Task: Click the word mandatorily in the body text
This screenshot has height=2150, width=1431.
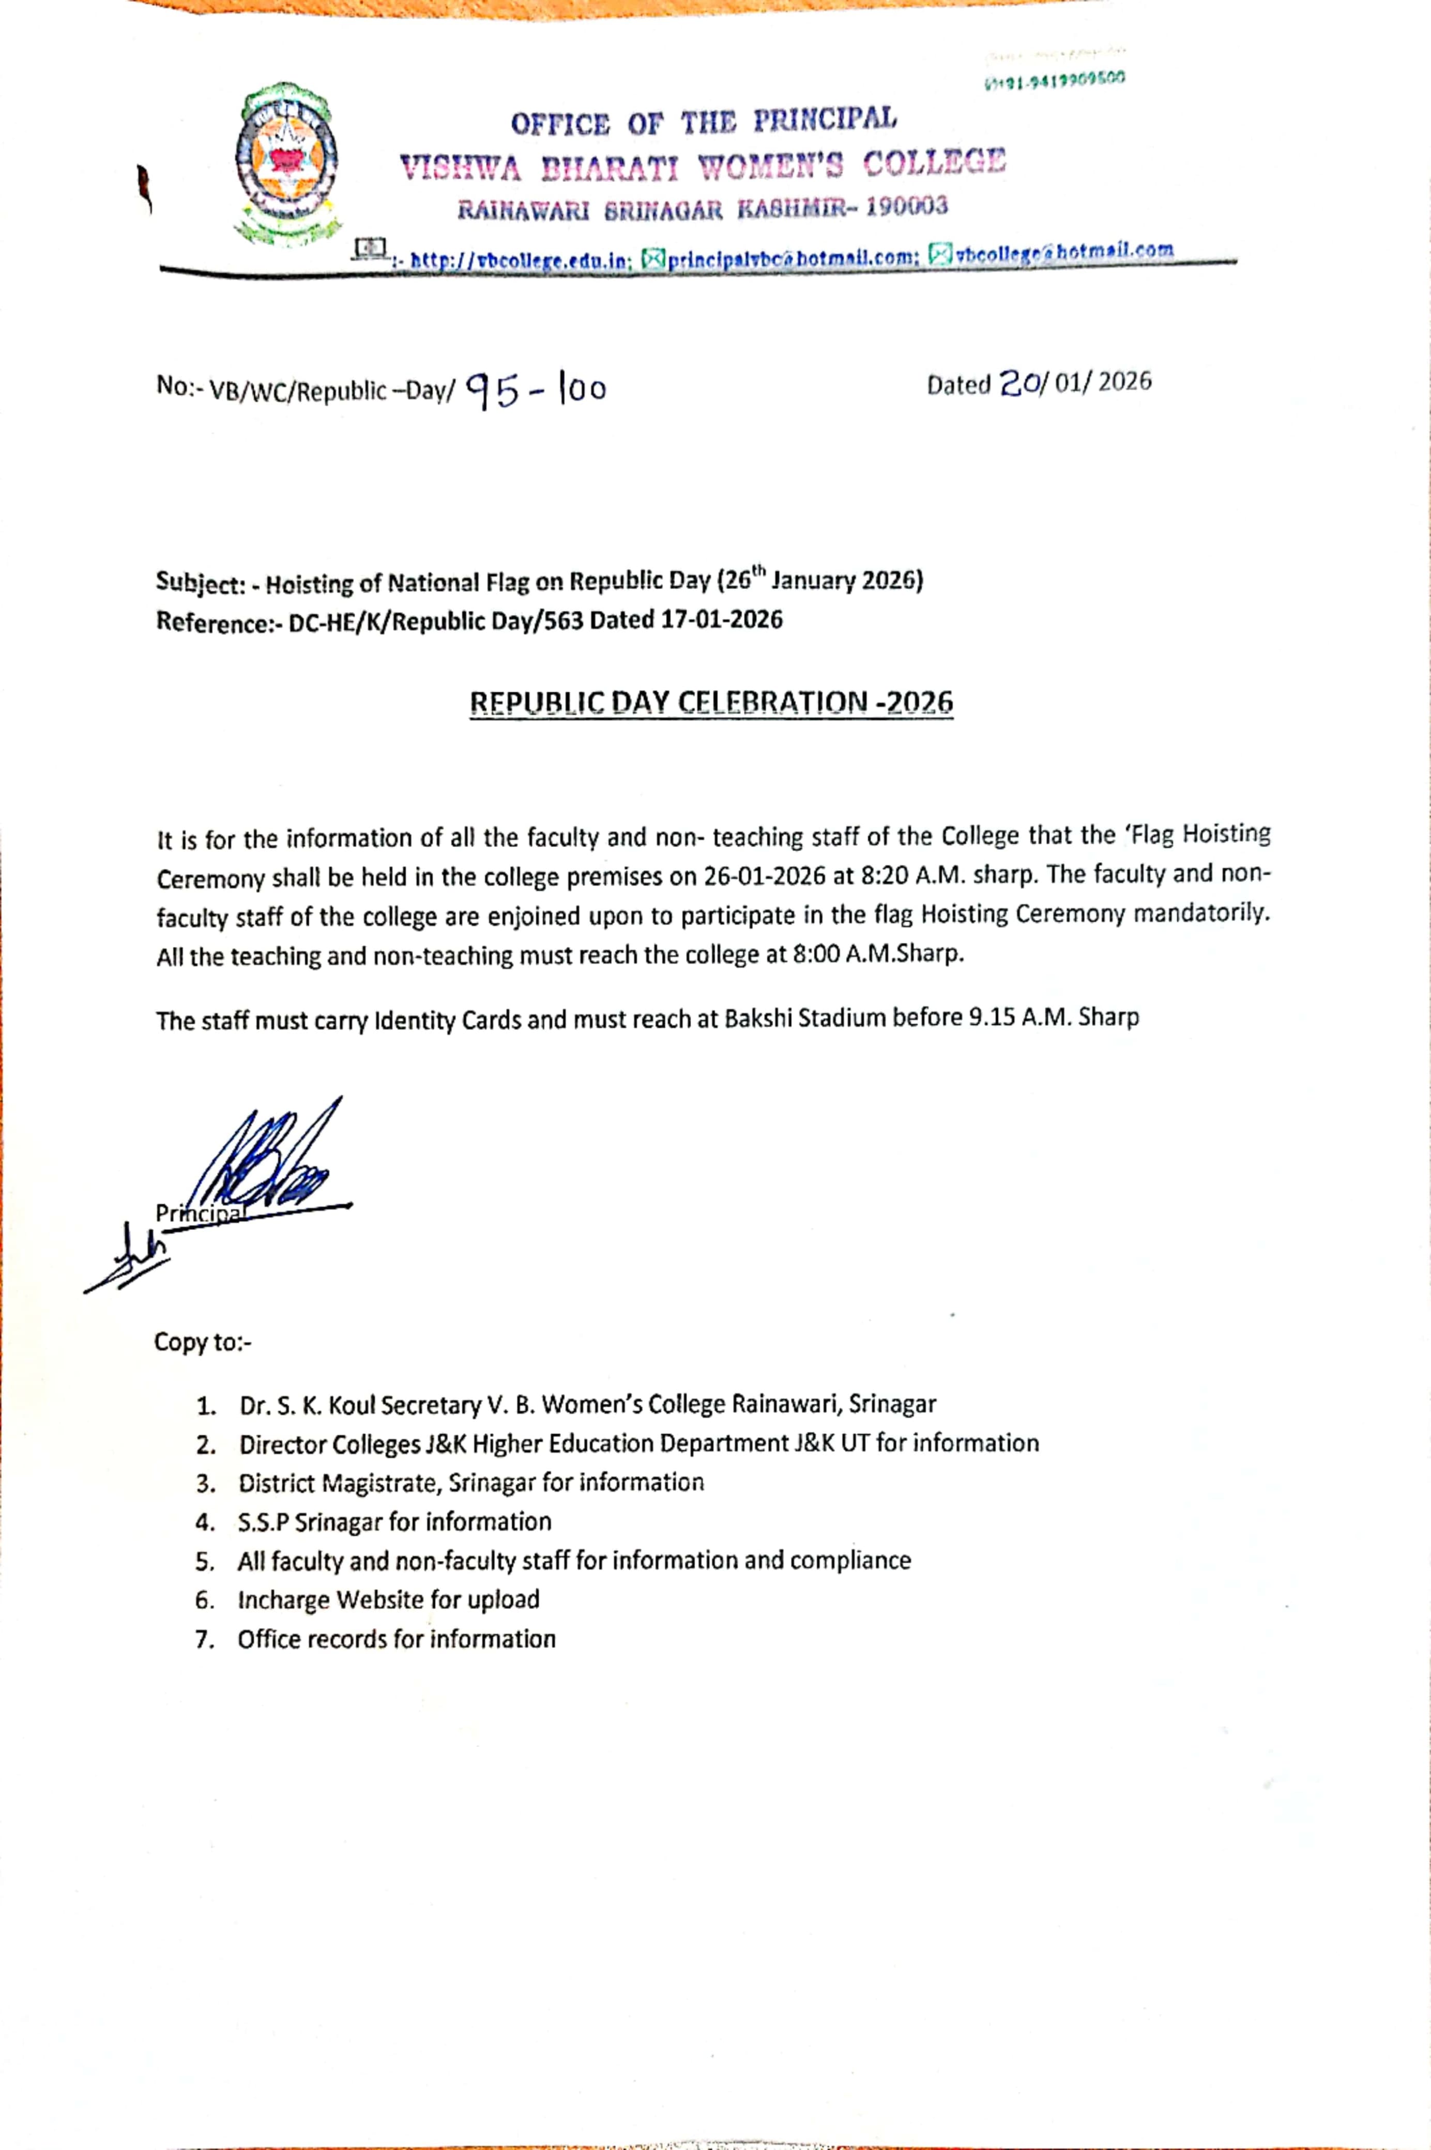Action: click(1200, 913)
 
